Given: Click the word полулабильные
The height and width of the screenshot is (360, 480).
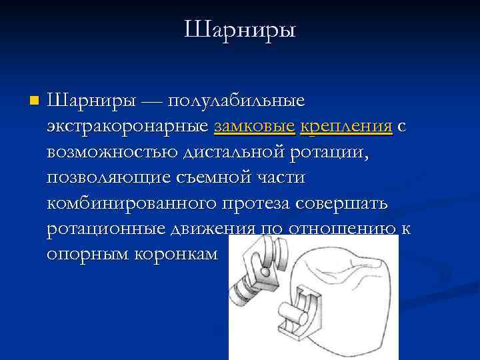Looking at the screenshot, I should [x=236, y=101].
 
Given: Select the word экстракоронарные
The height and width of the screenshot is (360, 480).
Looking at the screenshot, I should [x=128, y=127].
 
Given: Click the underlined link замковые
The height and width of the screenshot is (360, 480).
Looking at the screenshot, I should [x=254, y=127].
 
